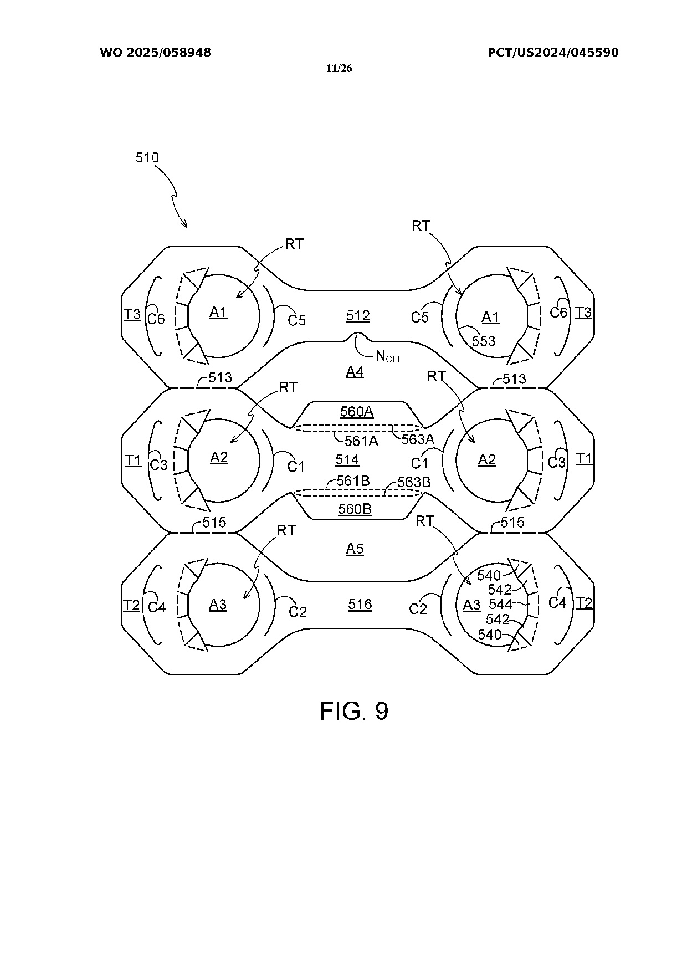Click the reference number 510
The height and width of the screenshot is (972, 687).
[147, 158]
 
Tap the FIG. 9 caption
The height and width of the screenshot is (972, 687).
[354, 710]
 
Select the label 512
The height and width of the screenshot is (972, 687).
[358, 316]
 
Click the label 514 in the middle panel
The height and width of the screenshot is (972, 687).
[347, 459]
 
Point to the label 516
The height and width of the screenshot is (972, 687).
[360, 604]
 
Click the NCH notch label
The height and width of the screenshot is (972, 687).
[387, 357]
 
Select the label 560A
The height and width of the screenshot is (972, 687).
[357, 412]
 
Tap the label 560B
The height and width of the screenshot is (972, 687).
[355, 509]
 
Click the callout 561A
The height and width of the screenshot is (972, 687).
[361, 441]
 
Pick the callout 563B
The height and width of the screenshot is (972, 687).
[414, 482]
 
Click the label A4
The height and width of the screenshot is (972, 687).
[355, 372]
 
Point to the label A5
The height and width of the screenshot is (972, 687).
[355, 549]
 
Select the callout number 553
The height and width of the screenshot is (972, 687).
[484, 341]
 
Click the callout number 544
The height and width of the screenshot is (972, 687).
[500, 604]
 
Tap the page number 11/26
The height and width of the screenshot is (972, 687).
[339, 69]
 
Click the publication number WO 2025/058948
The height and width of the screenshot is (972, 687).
[156, 53]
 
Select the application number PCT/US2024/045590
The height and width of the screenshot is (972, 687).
[553, 53]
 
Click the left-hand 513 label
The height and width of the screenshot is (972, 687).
[220, 378]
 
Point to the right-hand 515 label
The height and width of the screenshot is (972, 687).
[512, 523]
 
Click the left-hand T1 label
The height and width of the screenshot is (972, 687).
[134, 460]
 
